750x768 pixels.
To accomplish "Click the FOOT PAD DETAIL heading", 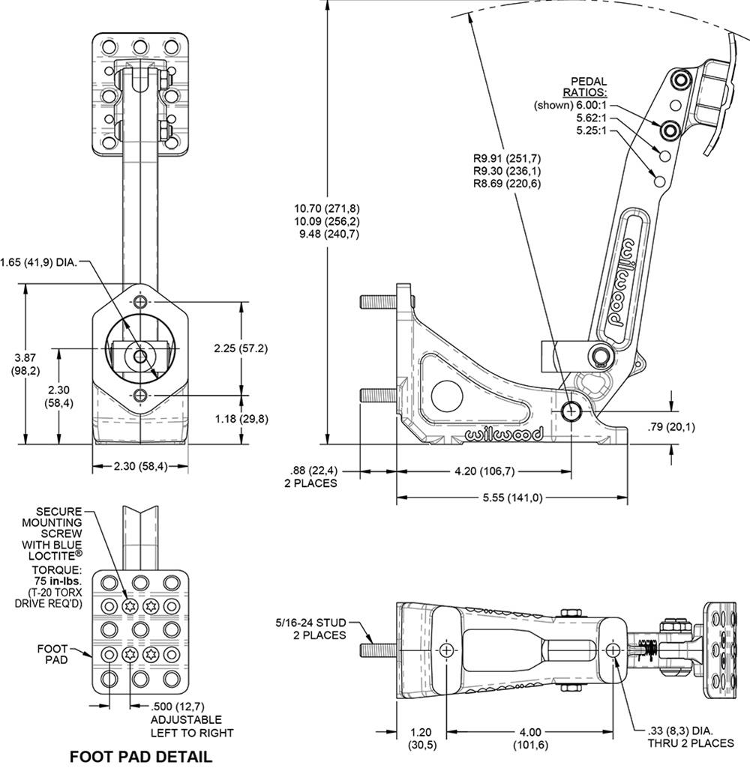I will pos(140,756).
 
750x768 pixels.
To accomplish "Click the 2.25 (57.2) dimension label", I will pos(241,348).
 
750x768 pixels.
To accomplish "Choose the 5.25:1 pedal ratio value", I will pos(592,132).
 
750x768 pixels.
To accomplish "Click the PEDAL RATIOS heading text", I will pos(589,87).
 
